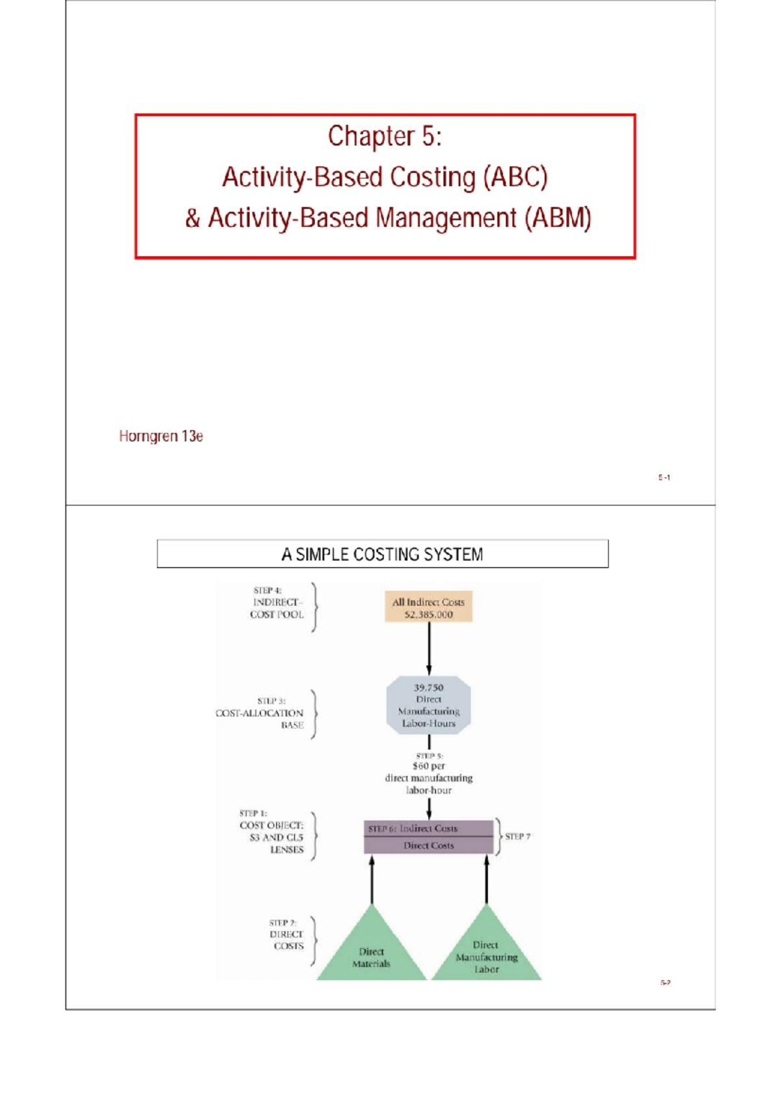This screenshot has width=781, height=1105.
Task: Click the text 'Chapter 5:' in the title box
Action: [x=385, y=137]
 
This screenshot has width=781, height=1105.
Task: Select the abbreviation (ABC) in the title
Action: [x=515, y=178]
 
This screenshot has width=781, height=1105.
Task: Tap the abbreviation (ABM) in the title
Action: [x=558, y=219]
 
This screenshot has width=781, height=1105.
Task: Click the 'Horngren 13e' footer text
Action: [x=161, y=436]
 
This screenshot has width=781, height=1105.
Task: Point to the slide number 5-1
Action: [x=664, y=478]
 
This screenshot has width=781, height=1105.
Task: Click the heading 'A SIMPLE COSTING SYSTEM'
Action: [x=382, y=554]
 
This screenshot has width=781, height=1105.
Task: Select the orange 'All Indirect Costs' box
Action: [x=428, y=607]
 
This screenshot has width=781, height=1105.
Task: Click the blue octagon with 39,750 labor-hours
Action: [x=428, y=705]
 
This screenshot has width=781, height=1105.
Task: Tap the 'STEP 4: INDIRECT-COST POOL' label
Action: [x=277, y=603]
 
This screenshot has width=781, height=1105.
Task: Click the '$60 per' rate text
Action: [x=428, y=767]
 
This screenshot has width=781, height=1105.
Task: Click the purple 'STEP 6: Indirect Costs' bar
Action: [x=428, y=828]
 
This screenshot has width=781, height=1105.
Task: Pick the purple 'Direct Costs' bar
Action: [x=428, y=845]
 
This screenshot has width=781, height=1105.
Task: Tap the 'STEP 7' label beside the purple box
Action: [x=517, y=836]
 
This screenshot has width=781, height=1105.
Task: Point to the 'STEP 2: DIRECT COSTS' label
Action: [x=286, y=934]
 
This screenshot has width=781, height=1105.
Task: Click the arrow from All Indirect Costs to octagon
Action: [x=429, y=648]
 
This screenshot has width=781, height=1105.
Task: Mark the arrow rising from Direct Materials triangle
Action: [x=372, y=880]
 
